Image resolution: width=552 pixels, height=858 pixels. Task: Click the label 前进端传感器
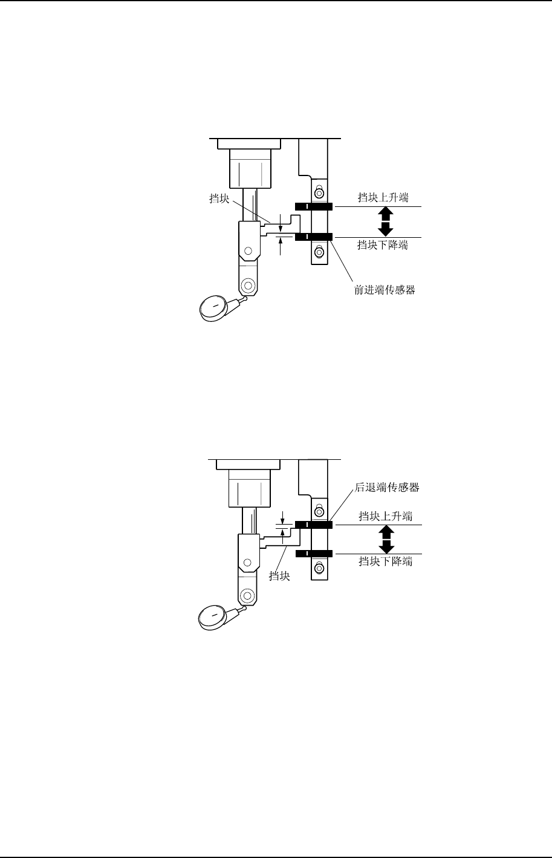(x=385, y=290)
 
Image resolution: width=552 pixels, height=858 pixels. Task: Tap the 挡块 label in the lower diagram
(x=280, y=576)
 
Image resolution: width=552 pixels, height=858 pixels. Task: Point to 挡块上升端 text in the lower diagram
(x=385, y=516)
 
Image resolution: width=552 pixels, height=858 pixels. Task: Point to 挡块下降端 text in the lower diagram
(x=385, y=561)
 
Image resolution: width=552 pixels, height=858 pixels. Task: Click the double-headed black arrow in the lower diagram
(x=386, y=539)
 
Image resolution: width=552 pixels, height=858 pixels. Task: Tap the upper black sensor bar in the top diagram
(x=314, y=207)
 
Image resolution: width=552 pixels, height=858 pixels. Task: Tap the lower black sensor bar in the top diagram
(x=314, y=237)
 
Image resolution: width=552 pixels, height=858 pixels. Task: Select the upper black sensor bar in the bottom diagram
(x=314, y=524)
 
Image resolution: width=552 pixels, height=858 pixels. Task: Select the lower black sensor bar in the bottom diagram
(x=314, y=554)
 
